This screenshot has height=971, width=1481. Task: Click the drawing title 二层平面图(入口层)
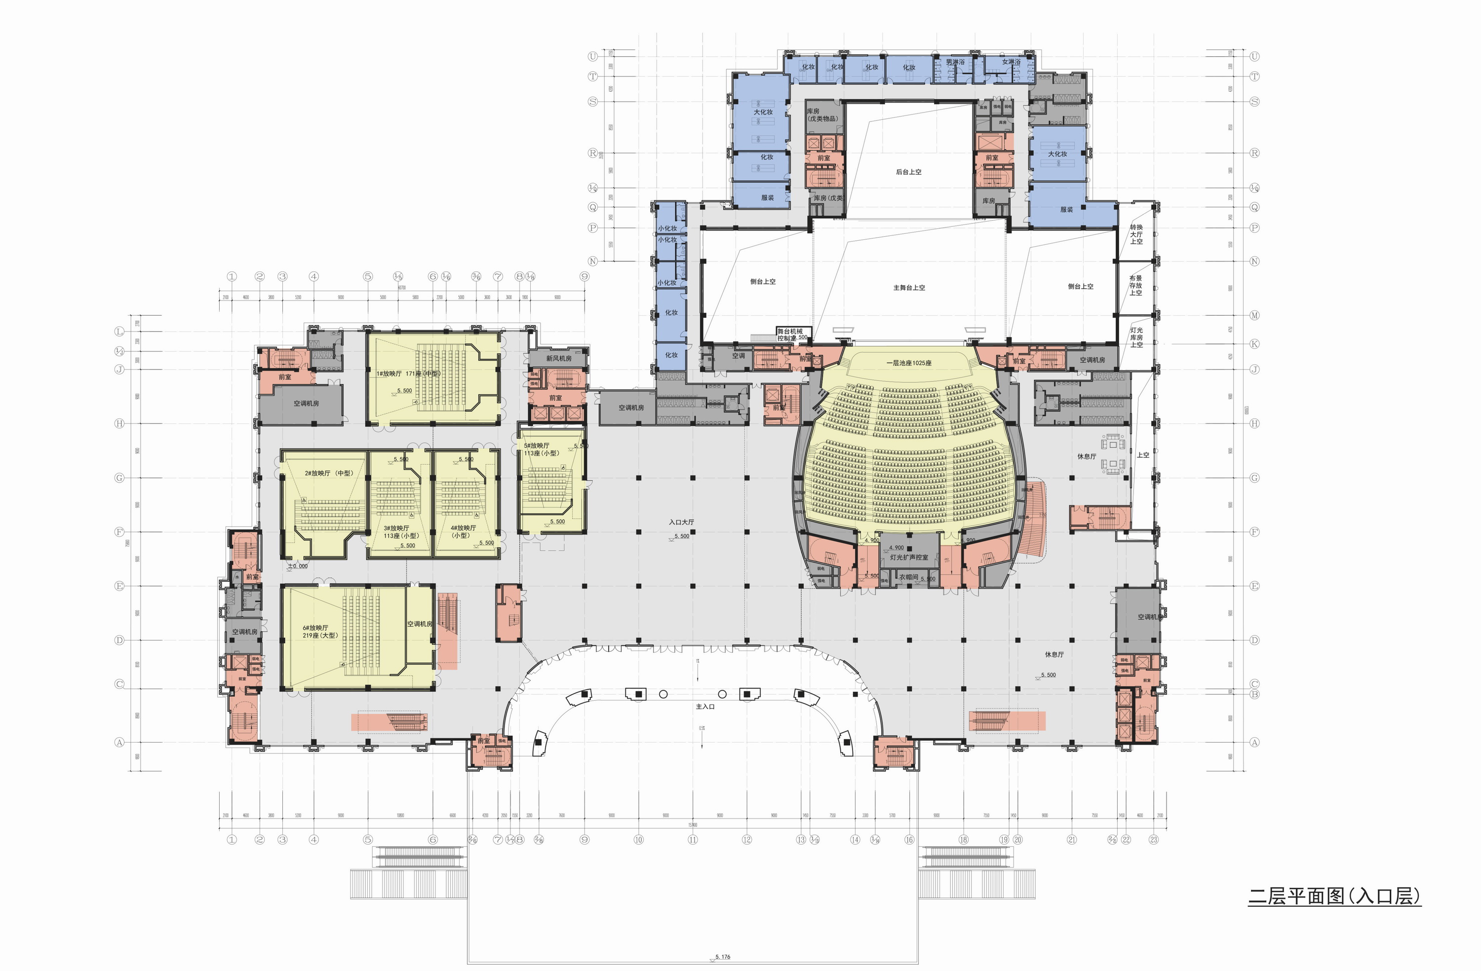(1334, 896)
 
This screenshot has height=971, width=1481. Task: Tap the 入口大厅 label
(681, 522)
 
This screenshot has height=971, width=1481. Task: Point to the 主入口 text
(705, 707)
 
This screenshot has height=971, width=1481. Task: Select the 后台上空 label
(908, 172)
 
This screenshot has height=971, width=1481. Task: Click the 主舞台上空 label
(909, 287)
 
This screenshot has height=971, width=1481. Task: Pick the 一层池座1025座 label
(909, 363)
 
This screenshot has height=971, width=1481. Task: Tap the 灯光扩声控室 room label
(908, 558)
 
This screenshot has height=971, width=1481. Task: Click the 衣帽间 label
(908, 577)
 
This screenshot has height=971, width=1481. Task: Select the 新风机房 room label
(559, 358)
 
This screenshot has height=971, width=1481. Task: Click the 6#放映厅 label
(315, 628)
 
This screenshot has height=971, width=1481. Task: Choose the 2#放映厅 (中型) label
(329, 473)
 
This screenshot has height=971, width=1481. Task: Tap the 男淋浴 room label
(955, 62)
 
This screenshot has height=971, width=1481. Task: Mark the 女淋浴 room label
(1011, 62)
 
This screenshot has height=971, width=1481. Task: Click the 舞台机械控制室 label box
(790, 335)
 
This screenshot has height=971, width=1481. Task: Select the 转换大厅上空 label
(1136, 234)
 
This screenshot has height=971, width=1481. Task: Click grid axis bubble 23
(1154, 839)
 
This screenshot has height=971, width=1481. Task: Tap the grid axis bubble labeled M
(1254, 315)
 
